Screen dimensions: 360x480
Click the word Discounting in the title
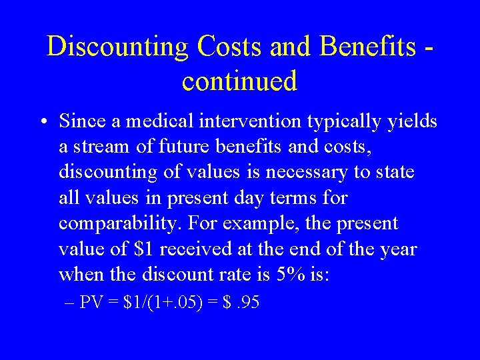point(118,47)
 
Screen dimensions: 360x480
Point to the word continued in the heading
point(239,81)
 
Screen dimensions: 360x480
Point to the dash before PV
point(71,303)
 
